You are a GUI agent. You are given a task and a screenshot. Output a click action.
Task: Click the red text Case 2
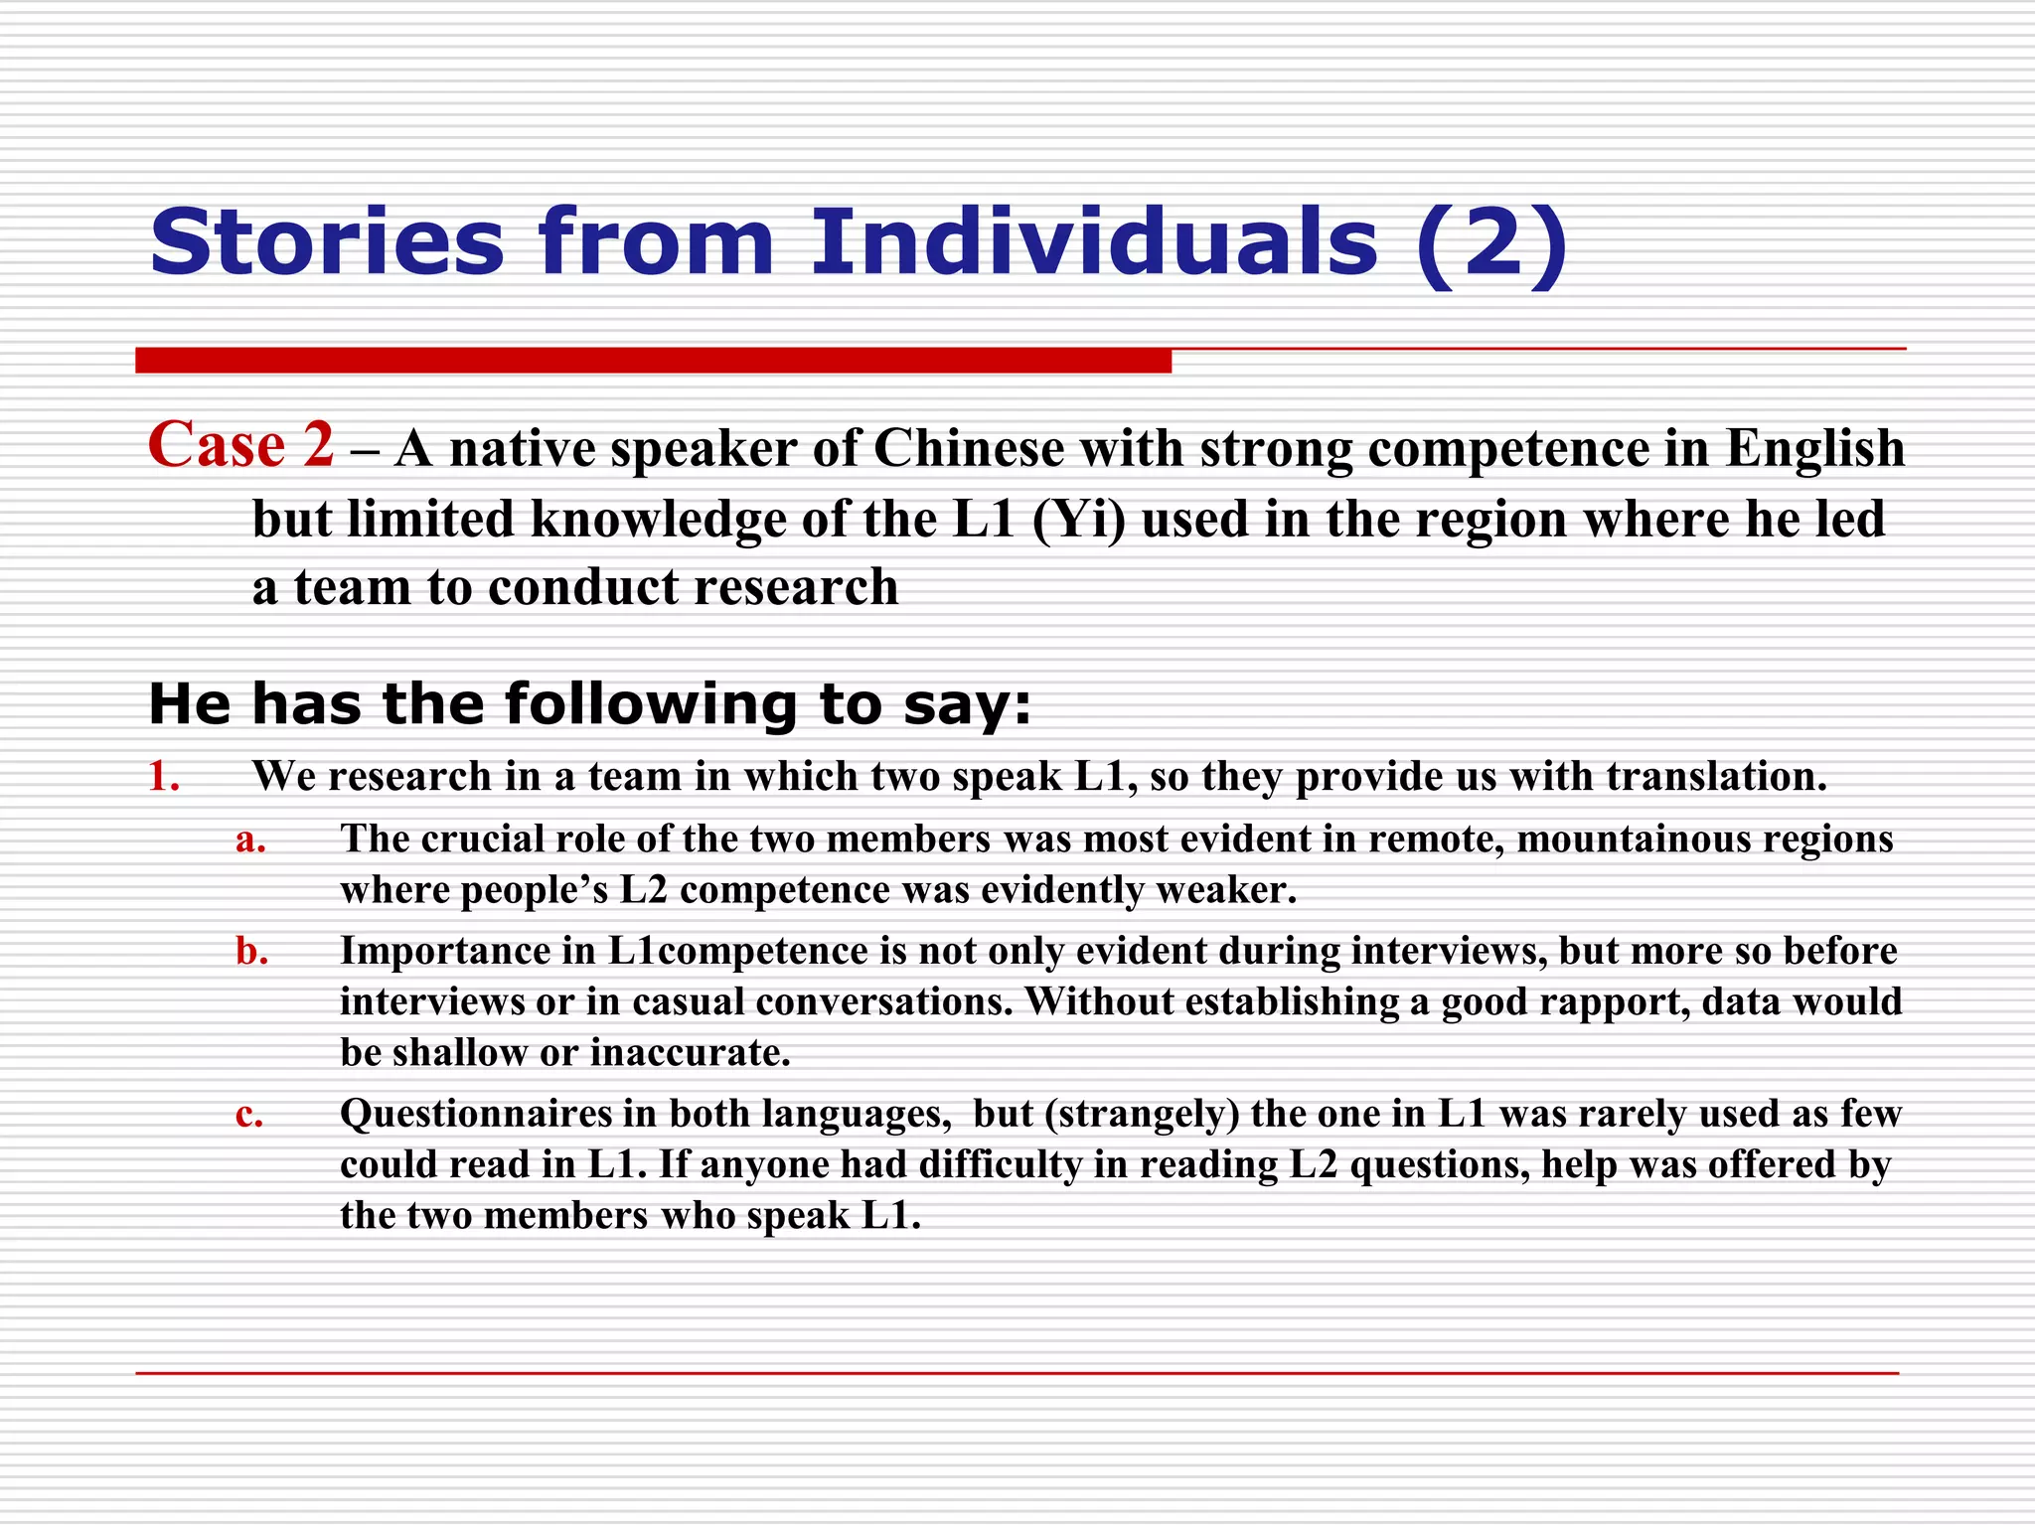[240, 444]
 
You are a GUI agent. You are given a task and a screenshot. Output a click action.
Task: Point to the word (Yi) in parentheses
[1079, 519]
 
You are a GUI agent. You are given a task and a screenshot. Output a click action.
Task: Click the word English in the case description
[1814, 448]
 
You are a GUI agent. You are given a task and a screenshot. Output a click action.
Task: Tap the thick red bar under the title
[653, 361]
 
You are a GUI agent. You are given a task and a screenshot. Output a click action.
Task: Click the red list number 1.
[164, 777]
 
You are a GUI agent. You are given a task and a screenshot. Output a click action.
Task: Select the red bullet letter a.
[250, 840]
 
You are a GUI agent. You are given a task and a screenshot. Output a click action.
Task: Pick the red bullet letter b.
[251, 952]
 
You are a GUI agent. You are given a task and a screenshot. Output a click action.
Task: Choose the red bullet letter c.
[249, 1115]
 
